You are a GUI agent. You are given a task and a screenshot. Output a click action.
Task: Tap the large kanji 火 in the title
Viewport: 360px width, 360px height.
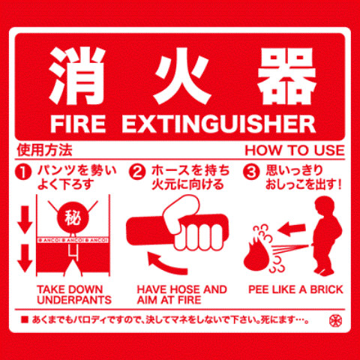(179, 76)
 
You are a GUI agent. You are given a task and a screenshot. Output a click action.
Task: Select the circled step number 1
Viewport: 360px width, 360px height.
(24, 172)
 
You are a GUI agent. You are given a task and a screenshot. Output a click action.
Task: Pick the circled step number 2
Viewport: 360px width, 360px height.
(137, 172)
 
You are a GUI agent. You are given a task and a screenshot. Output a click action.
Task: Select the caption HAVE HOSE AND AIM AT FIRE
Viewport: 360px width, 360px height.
(181, 294)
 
